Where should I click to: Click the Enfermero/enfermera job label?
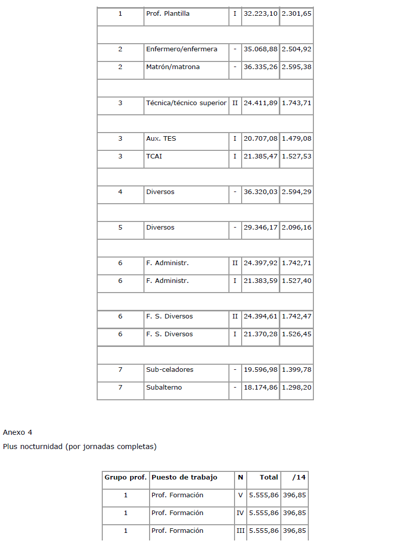coord(181,49)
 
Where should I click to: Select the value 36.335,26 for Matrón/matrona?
coord(260,67)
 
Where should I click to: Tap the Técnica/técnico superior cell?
coord(186,103)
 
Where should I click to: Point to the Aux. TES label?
coord(161,138)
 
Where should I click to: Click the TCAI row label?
coord(154,156)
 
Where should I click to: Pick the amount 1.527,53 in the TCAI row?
coord(297,156)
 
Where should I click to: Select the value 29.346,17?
coord(260,228)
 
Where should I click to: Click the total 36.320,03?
coord(260,192)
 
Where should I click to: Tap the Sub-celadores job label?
coord(169,370)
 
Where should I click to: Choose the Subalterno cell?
coord(164,388)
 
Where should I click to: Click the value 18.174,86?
coord(260,388)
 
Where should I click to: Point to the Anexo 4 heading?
coord(17,432)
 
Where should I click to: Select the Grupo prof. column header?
coord(126,477)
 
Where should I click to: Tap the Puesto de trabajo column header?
coord(184,477)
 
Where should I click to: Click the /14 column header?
coord(299,477)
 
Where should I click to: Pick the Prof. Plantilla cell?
coord(167,14)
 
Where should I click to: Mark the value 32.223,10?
coord(260,14)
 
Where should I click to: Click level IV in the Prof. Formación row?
coord(241,513)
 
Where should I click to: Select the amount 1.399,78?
coord(297,370)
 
